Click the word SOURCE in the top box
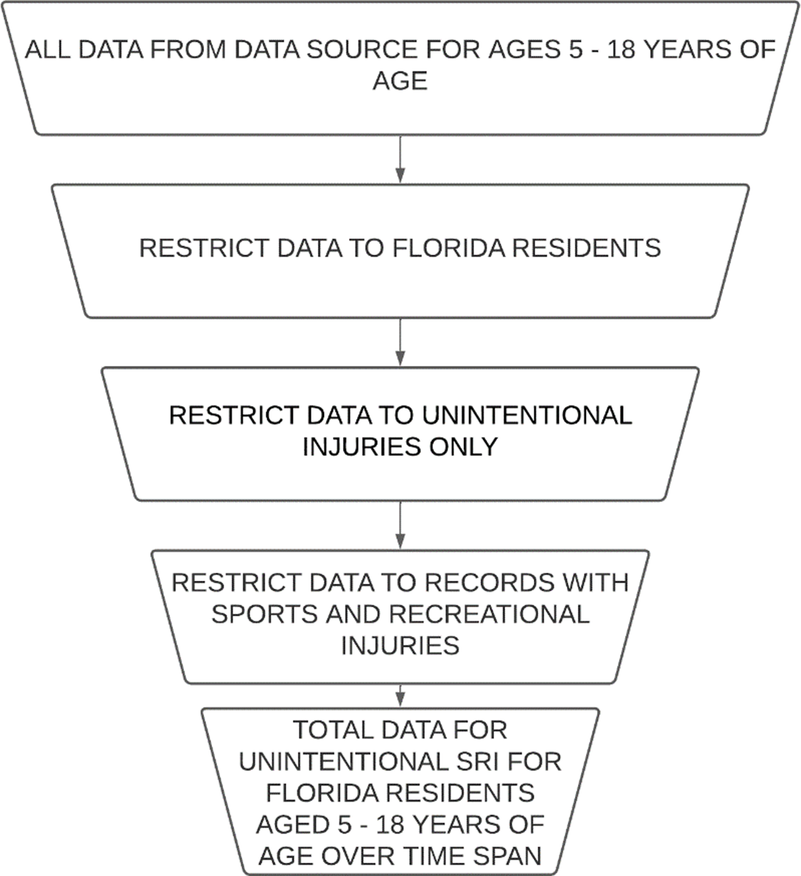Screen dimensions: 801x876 click(360, 50)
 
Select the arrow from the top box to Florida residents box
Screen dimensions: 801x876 click(400, 159)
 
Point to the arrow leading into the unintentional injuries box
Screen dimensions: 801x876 click(400, 342)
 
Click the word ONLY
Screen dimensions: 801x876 click(463, 447)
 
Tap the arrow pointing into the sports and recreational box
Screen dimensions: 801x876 click(400, 525)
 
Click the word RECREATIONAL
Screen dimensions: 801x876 click(490, 615)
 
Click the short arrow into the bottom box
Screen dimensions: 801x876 click(400, 696)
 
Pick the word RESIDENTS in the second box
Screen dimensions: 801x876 click(587, 248)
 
